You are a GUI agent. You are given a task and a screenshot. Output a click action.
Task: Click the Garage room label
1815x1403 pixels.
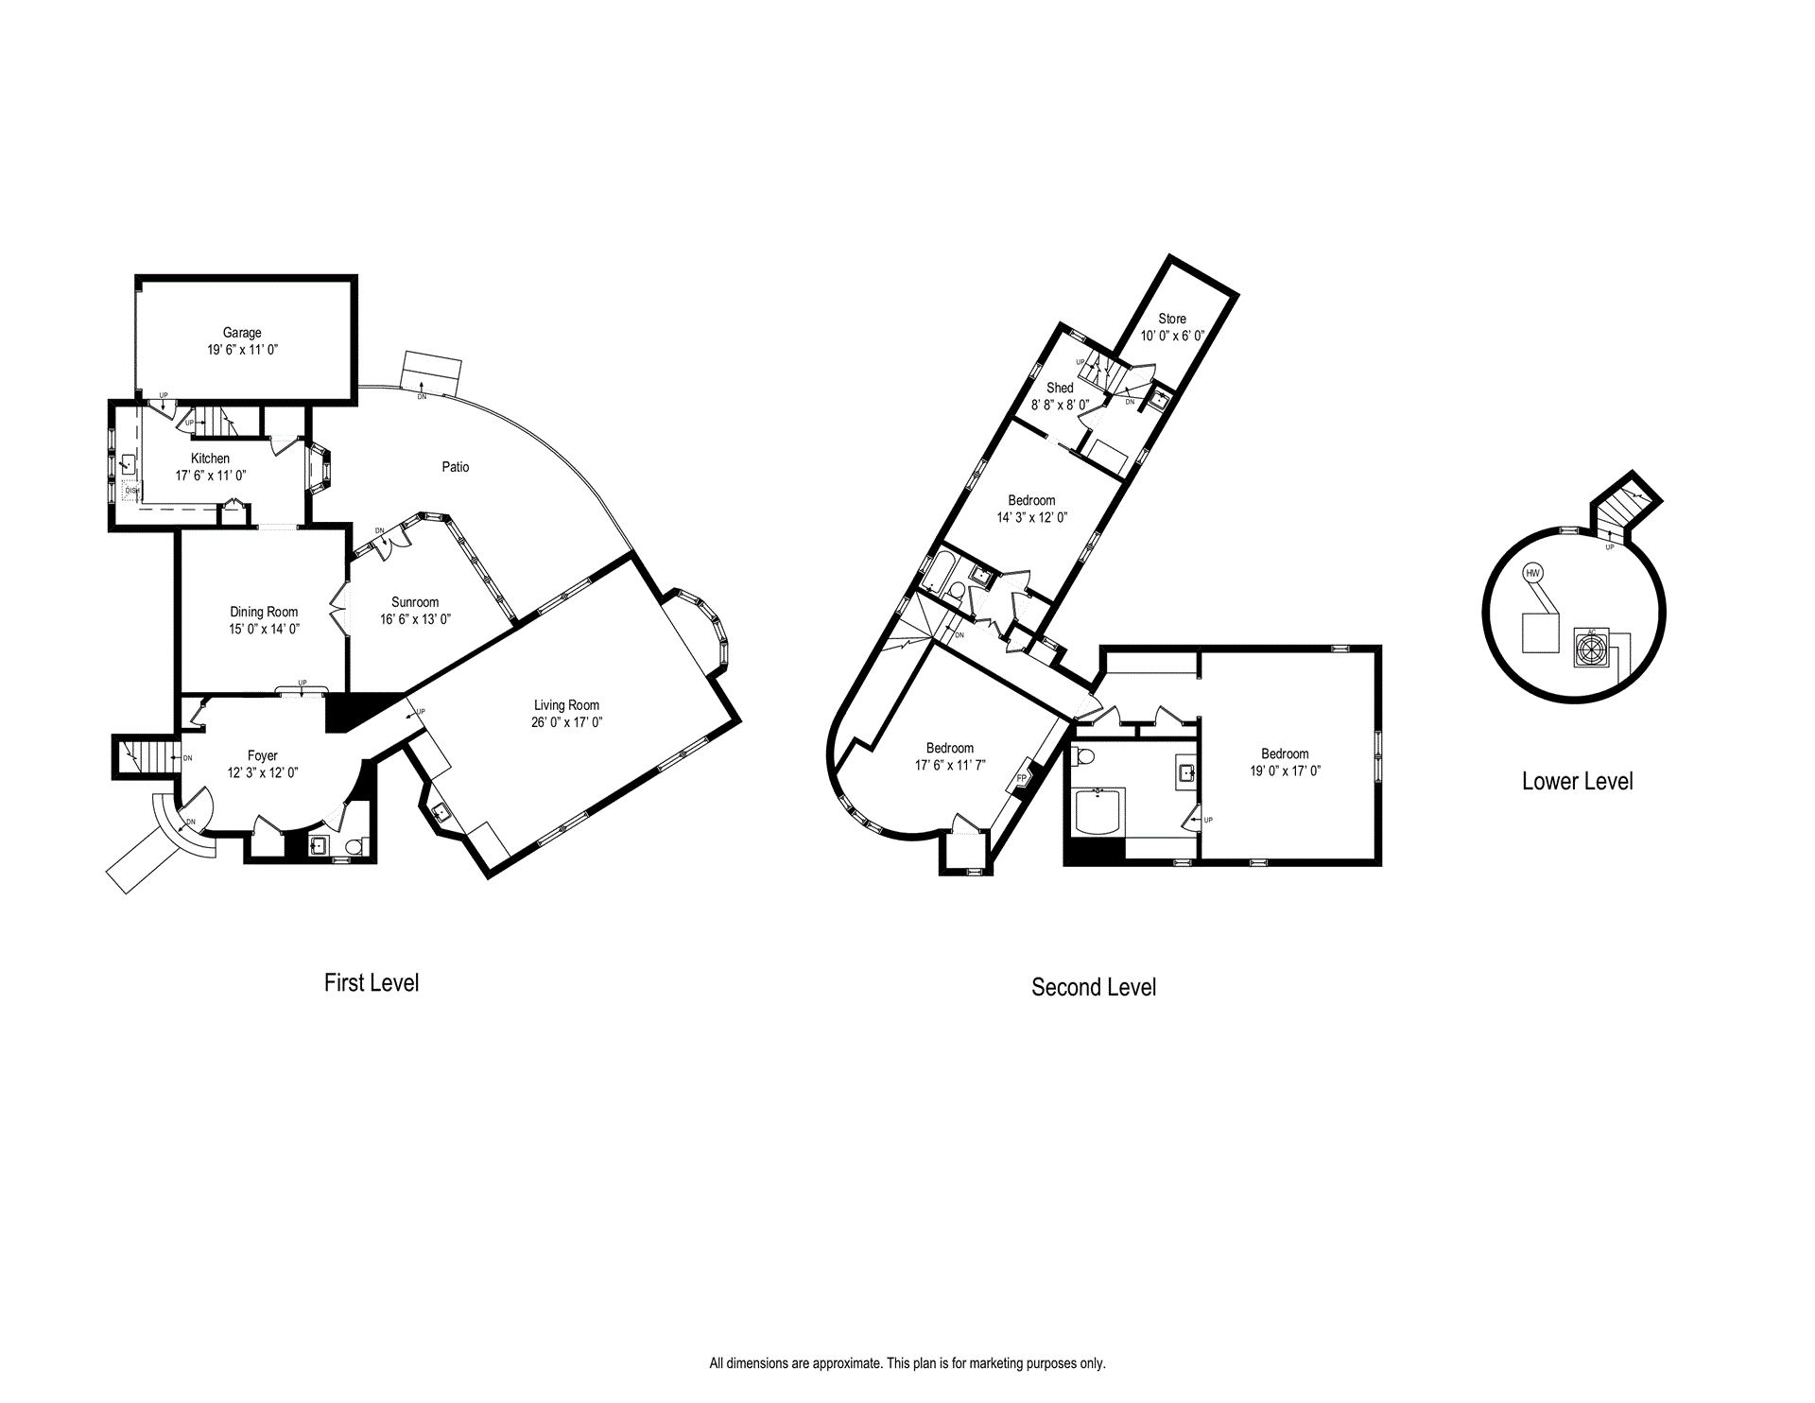coord(242,333)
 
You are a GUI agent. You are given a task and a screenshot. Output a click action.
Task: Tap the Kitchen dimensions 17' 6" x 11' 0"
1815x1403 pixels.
coord(211,476)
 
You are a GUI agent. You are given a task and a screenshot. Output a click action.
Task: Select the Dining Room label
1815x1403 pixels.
coord(264,612)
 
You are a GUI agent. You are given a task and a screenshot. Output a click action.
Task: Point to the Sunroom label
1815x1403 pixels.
coord(415,602)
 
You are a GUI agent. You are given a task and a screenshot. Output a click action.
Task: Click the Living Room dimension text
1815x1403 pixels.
coord(566,722)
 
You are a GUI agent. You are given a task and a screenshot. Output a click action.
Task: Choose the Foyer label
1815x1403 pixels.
coord(263,755)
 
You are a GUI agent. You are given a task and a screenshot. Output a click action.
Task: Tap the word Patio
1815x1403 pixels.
coord(456,467)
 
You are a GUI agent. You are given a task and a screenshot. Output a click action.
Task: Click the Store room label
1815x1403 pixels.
coord(1172,319)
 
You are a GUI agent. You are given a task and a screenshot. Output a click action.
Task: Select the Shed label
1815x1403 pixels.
coord(1060,388)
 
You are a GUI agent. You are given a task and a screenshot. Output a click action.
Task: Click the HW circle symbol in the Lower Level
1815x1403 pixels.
coord(1532,573)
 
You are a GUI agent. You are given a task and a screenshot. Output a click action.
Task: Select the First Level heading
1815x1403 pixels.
coord(372,983)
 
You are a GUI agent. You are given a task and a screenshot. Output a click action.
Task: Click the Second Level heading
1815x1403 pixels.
coord(1094,988)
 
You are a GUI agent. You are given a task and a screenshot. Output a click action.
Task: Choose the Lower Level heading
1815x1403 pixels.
coord(1577,782)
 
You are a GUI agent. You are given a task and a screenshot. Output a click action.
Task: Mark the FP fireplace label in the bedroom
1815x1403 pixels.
coord(1022,778)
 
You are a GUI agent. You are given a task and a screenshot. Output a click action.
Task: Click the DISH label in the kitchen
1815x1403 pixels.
coord(132,491)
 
